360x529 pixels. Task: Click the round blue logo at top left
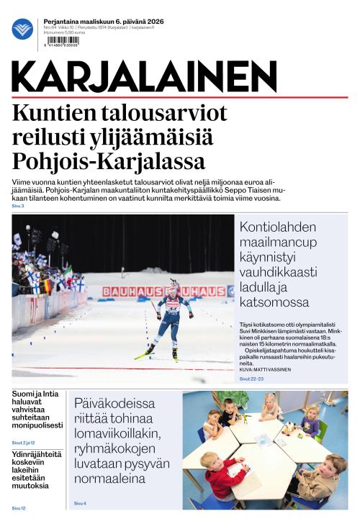[22, 29]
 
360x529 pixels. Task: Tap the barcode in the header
[60, 42]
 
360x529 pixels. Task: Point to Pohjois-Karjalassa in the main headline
[109, 160]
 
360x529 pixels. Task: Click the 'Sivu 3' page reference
[18, 207]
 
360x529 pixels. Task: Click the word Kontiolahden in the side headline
[278, 228]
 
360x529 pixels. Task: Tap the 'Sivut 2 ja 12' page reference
[23, 442]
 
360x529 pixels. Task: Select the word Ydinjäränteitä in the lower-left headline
[37, 455]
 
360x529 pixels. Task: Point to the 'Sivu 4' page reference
[80, 503]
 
